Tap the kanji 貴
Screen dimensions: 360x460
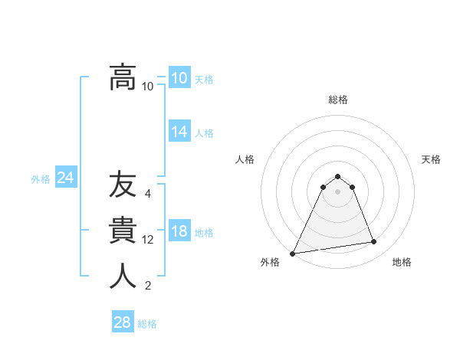tap(123, 231)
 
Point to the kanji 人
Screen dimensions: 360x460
tap(123, 277)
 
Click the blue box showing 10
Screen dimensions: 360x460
tap(179, 78)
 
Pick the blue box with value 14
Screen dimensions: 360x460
tap(179, 132)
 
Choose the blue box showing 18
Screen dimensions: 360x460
tap(179, 232)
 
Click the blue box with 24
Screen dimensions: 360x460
tap(65, 178)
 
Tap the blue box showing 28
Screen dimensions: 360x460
tap(122, 322)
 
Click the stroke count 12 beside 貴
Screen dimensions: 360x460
tap(148, 240)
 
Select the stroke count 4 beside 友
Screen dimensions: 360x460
tap(148, 194)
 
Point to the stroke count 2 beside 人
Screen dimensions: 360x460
tap(148, 286)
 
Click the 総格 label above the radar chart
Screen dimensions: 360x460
tap(337, 100)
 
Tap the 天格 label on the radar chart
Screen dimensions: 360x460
tap(431, 159)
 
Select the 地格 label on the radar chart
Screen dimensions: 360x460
tap(402, 262)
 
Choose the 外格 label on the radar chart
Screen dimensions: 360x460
tap(270, 262)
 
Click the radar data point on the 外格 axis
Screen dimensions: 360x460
tap(293, 254)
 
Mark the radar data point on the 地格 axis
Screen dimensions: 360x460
tap(374, 242)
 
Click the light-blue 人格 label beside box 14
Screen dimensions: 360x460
tap(204, 133)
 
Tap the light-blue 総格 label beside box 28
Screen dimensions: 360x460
tap(147, 324)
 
